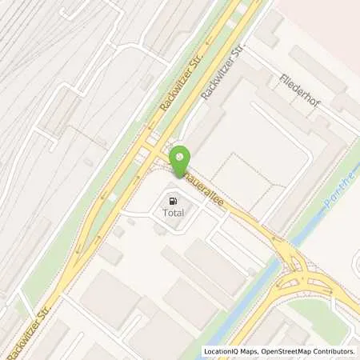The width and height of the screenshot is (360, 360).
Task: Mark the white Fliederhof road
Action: pos(320,108)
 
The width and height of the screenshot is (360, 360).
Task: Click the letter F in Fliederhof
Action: pos(283,78)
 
